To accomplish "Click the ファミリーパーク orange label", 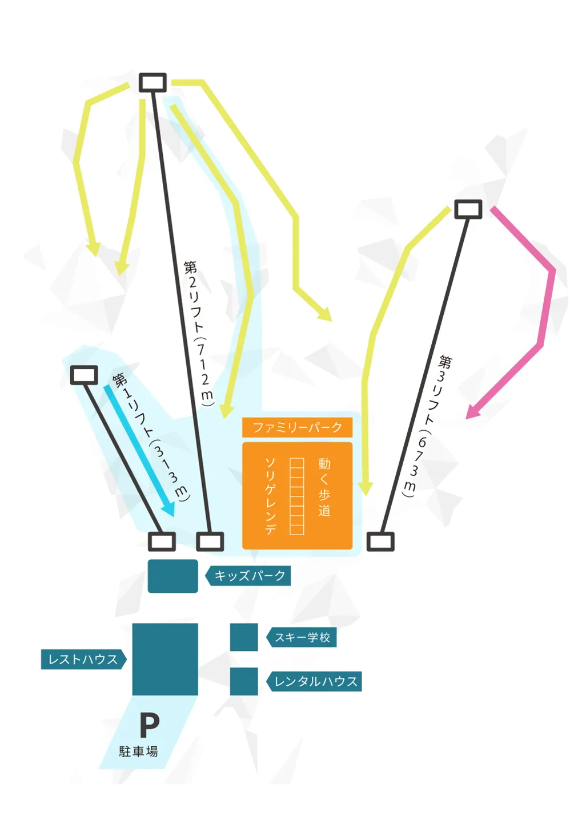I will (x=297, y=427).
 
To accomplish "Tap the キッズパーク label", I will (x=249, y=576).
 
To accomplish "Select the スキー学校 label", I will (x=302, y=637).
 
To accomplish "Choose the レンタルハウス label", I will (x=315, y=681).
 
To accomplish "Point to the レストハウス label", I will (x=82, y=660).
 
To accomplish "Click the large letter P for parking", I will (x=150, y=726).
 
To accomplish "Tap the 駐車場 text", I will (x=138, y=751).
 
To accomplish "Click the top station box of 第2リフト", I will (x=153, y=82).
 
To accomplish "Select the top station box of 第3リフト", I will (x=468, y=209).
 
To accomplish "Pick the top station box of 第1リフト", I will (x=84, y=375).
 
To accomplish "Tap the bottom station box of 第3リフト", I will (x=380, y=541).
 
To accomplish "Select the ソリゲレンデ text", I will (x=270, y=495).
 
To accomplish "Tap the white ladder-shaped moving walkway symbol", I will (x=296, y=496).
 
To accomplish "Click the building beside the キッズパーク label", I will (x=172, y=576).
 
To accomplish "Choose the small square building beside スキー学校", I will (x=244, y=637).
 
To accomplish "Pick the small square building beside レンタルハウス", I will (x=244, y=681).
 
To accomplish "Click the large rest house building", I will (x=165, y=659).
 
